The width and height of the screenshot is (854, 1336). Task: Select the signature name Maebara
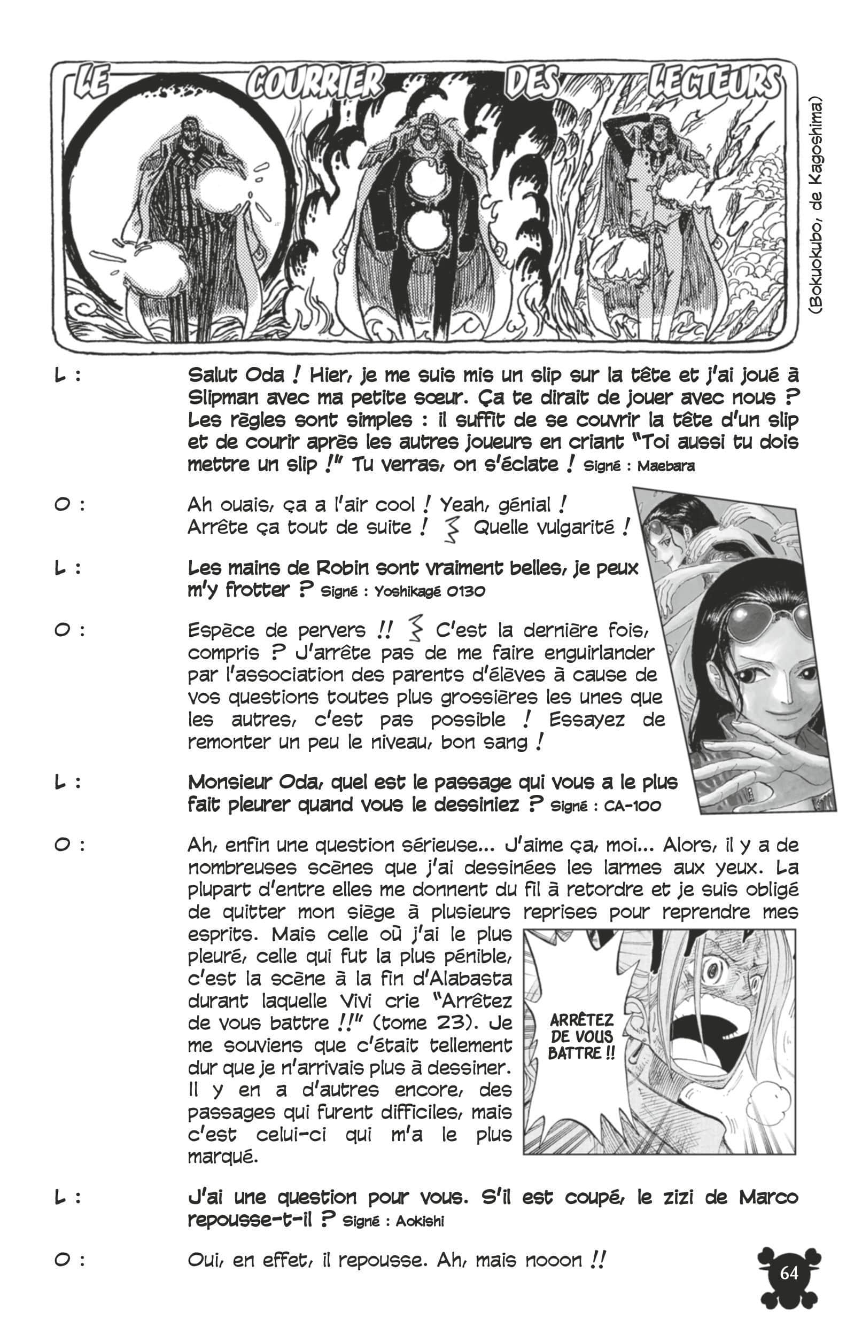click(665, 466)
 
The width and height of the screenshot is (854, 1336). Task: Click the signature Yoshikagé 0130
click(430, 591)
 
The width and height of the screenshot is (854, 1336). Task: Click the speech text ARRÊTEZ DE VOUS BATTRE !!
click(581, 1036)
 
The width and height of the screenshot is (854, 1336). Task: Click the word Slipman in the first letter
click(222, 398)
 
